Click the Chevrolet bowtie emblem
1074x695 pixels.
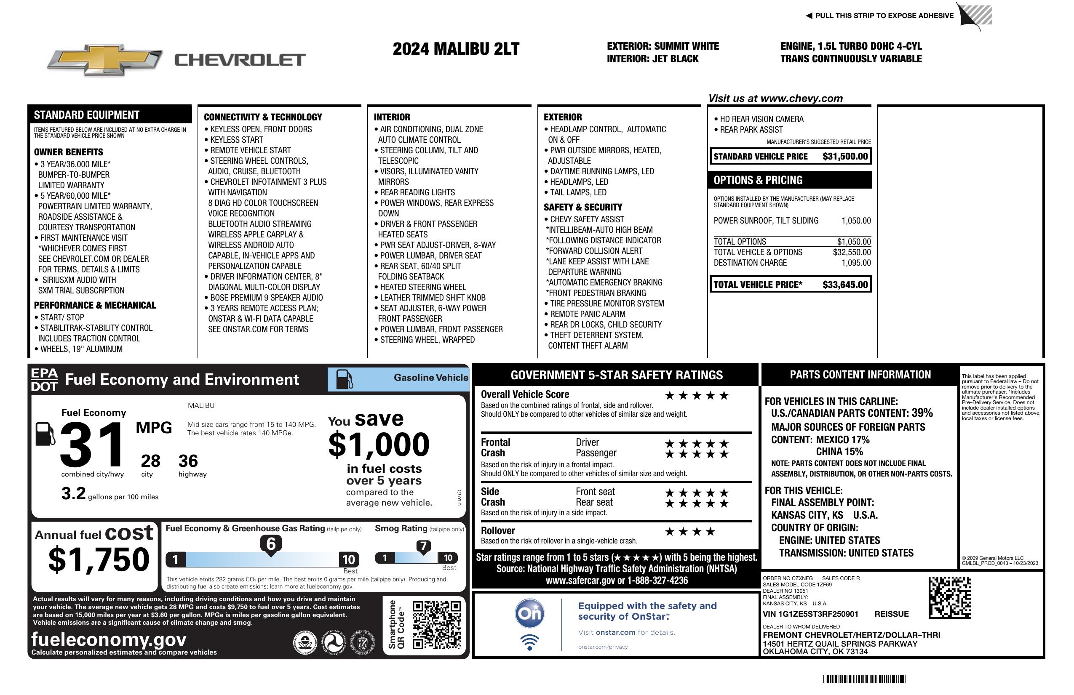coord(105,59)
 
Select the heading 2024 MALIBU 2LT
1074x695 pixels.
coord(456,49)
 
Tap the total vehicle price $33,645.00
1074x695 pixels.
coord(845,285)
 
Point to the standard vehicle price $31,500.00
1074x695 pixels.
coord(845,157)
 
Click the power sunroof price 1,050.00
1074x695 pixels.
coord(855,221)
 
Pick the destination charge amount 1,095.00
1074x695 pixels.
coord(855,263)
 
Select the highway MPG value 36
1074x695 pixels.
coord(188,461)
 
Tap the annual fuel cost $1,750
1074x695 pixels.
coord(99,559)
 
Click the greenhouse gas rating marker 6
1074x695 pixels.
coord(271,544)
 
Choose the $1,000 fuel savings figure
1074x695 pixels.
coord(379,445)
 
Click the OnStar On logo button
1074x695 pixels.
coord(529,613)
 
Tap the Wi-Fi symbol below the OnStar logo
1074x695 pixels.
coord(529,642)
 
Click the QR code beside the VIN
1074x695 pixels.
coord(949,598)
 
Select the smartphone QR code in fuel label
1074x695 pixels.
coord(436,625)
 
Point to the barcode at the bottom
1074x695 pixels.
coord(864,679)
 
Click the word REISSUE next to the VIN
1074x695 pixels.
coord(892,614)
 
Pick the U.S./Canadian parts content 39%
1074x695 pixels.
coord(922,413)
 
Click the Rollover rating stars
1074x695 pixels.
coord(689,532)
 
